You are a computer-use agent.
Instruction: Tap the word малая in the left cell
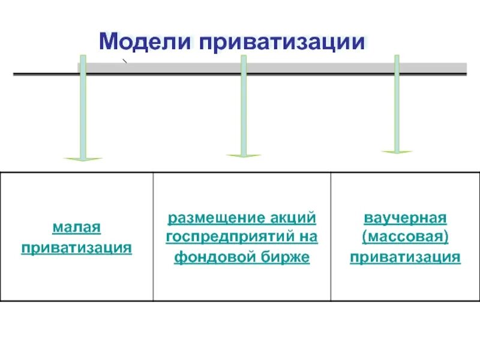[76, 228]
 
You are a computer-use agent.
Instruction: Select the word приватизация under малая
[76, 247]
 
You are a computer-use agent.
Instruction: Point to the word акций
[295, 217]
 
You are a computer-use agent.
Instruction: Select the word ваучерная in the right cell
[406, 217]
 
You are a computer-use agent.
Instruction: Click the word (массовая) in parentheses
[406, 237]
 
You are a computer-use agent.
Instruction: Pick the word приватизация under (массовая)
[406, 257]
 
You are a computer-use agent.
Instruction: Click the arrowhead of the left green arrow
[83, 159]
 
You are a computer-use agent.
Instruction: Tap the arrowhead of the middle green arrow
[244, 156]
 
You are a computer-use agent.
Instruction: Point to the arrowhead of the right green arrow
[397, 152]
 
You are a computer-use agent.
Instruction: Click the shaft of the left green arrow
[83, 108]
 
